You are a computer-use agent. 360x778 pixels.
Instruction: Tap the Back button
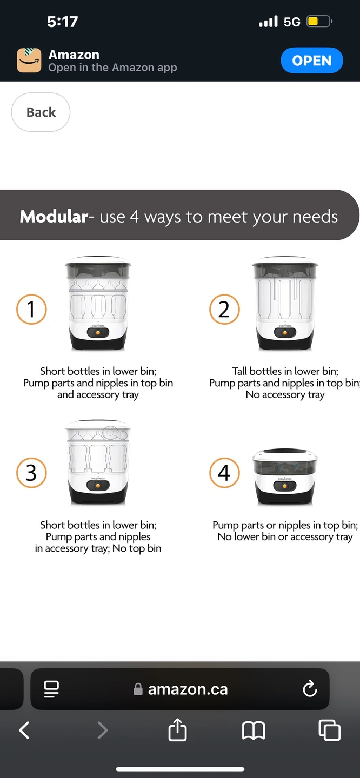click(41, 112)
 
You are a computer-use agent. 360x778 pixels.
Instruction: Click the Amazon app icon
click(29, 61)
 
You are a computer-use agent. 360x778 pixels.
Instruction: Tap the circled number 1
click(31, 309)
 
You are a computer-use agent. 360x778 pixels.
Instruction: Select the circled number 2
click(224, 309)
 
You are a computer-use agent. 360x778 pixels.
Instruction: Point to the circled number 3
click(31, 473)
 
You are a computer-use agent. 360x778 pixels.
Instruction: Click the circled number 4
click(224, 473)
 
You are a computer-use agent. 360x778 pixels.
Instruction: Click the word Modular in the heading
click(54, 216)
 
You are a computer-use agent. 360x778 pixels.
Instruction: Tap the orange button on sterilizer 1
click(98, 333)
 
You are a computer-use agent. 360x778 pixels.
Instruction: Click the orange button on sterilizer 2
click(285, 333)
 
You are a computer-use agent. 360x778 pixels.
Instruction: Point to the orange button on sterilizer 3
click(98, 486)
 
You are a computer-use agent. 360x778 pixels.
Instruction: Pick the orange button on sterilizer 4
click(284, 486)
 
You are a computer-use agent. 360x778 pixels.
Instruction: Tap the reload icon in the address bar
click(310, 689)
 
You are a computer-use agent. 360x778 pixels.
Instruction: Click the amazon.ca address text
click(188, 689)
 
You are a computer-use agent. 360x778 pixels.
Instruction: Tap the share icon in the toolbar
click(177, 730)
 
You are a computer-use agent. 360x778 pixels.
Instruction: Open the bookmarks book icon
click(254, 730)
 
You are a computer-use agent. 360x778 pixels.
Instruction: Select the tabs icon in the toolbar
click(329, 730)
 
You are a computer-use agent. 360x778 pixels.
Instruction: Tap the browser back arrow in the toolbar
click(24, 730)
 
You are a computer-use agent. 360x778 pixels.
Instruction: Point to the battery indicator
click(319, 22)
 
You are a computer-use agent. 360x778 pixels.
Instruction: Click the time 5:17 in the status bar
click(63, 22)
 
